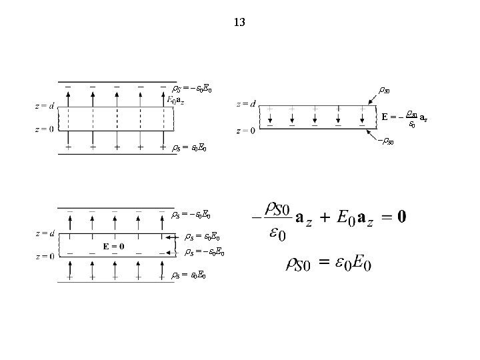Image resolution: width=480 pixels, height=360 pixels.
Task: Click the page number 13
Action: (x=240, y=23)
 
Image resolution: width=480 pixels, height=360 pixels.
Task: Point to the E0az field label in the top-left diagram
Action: (x=177, y=100)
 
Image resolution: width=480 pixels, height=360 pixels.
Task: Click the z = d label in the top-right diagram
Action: (x=246, y=103)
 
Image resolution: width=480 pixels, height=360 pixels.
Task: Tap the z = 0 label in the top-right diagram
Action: (x=246, y=131)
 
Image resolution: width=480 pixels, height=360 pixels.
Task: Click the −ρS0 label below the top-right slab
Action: (x=385, y=141)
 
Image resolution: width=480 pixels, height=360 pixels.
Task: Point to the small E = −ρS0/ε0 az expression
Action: (x=404, y=118)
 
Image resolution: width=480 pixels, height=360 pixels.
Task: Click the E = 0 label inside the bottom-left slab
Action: (x=113, y=246)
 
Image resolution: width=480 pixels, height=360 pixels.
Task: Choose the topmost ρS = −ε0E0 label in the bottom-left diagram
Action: (x=192, y=215)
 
